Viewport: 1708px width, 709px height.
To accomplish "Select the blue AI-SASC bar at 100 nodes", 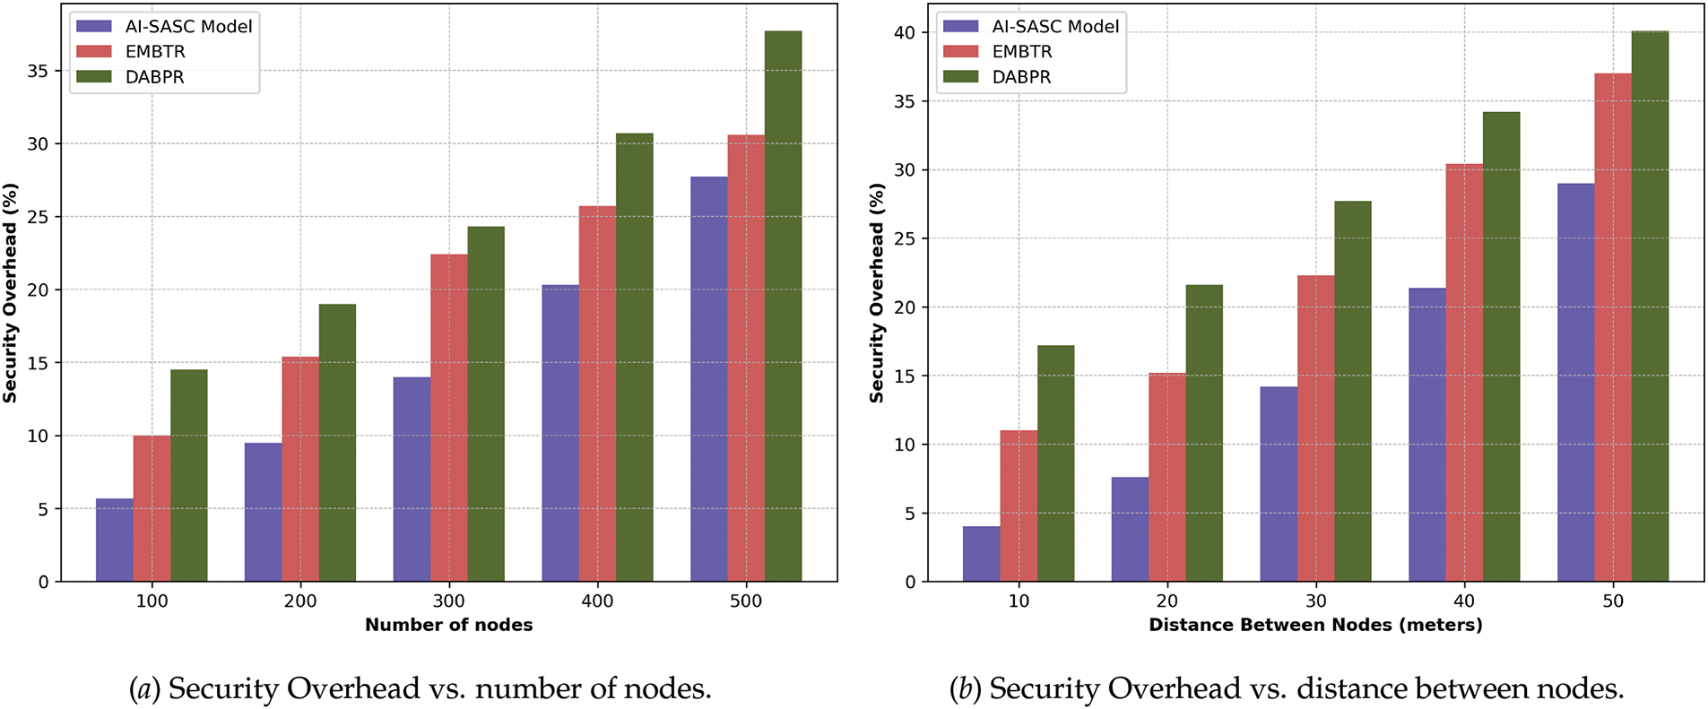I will coord(115,540).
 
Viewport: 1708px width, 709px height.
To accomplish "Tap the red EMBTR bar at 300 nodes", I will coord(449,418).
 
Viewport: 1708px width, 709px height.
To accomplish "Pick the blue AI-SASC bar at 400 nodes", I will coord(560,433).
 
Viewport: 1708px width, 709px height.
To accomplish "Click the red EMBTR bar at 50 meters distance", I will coord(1613,327).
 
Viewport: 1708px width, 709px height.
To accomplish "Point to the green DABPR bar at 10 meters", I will coord(1056,463).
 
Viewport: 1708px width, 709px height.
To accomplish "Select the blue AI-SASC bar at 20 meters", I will coord(1130,529).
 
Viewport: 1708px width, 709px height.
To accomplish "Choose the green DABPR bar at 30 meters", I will coord(1353,392).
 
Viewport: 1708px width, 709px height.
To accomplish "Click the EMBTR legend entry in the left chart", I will coord(154,52).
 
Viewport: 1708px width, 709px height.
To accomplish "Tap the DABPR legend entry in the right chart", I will coord(1020,77).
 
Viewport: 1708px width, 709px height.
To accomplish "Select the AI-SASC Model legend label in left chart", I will coord(188,27).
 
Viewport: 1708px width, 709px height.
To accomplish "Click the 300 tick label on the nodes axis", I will coord(449,601).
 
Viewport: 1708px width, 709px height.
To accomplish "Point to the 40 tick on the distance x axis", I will coord(1464,601).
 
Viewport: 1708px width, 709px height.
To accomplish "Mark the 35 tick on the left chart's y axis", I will coord(38,71).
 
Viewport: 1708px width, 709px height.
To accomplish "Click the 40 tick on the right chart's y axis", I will coord(905,33).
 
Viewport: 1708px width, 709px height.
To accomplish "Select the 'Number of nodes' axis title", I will coord(448,626).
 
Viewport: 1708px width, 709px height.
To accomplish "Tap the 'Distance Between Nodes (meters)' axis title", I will coord(1315,626).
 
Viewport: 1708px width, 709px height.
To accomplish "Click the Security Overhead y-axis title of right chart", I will coord(877,293).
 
